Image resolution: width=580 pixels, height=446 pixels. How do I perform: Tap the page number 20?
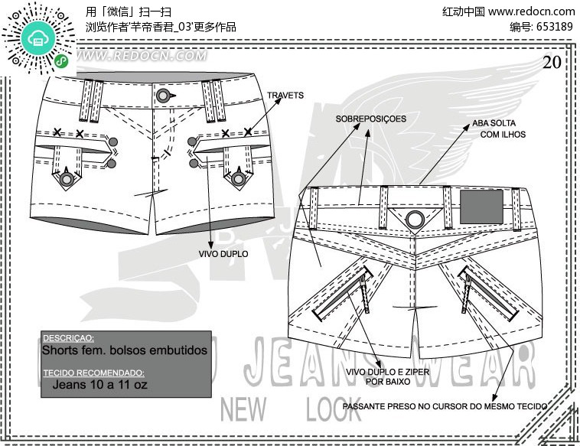tap(552, 63)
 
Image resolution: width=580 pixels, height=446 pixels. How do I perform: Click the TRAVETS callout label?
tap(285, 96)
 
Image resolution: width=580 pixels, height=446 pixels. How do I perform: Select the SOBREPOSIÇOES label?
tap(371, 119)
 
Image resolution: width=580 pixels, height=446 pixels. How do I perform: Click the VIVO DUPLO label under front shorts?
tap(223, 253)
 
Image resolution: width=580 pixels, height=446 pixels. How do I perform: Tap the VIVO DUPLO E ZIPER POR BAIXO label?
tap(387, 376)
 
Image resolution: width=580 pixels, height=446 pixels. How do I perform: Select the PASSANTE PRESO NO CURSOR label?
tap(445, 405)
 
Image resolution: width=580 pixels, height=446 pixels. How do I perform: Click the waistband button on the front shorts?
tap(163, 95)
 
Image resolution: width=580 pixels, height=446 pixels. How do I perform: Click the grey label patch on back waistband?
tap(481, 206)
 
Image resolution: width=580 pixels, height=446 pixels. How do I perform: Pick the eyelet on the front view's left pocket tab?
tap(67, 179)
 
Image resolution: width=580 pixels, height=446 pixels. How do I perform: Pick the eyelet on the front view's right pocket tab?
tap(239, 179)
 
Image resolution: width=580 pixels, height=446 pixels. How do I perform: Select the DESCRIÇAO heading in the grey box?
tap(68, 337)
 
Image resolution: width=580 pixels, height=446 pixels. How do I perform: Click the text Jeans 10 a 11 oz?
tap(99, 384)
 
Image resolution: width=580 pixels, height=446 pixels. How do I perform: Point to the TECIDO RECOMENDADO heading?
tap(93, 373)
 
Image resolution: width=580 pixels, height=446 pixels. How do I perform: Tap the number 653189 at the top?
tap(552, 26)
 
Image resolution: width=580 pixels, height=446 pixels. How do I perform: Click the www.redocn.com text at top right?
tap(531, 11)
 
